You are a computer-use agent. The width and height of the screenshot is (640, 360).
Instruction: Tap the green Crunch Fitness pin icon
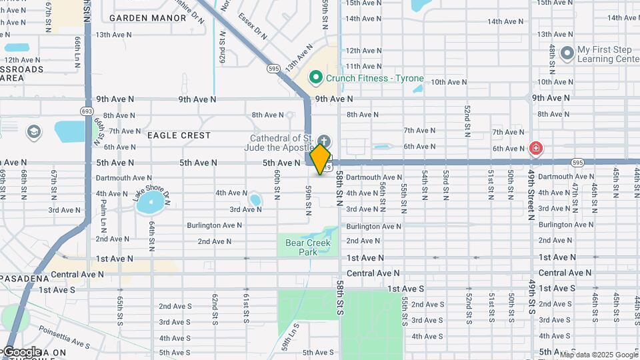tap(316, 78)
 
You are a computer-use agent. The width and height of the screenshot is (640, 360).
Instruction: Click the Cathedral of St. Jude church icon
tap(324, 141)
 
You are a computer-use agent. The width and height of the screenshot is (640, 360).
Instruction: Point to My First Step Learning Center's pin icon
tap(567, 52)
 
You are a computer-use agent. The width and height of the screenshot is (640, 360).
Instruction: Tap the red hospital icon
tap(535, 148)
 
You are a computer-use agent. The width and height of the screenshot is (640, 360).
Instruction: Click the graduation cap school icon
tap(33, 132)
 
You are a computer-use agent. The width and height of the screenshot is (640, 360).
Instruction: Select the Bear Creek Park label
tap(308, 247)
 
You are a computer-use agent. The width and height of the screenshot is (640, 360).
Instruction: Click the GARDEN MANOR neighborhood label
tap(147, 18)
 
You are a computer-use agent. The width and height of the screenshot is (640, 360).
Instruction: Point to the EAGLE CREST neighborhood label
tap(179, 135)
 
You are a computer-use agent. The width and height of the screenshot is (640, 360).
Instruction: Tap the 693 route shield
tap(86, 111)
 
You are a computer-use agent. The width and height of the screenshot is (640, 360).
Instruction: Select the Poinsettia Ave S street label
tap(64, 336)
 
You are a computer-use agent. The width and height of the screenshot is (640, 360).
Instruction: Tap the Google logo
tap(21, 351)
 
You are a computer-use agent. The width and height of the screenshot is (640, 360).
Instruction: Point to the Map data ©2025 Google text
tap(598, 355)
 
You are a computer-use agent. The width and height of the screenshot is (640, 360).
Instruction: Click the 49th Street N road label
tap(532, 194)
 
